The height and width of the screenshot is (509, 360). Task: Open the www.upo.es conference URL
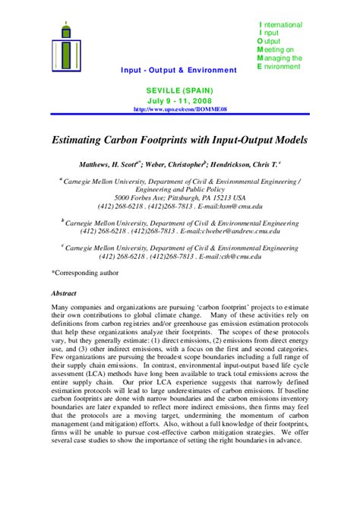pyautogui.click(x=180, y=109)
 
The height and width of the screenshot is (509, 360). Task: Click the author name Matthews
pyautogui.click(x=98, y=164)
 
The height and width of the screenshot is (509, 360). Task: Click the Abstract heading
pyautogui.click(x=65, y=292)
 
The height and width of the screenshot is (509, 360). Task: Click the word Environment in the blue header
pyautogui.click(x=209, y=71)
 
